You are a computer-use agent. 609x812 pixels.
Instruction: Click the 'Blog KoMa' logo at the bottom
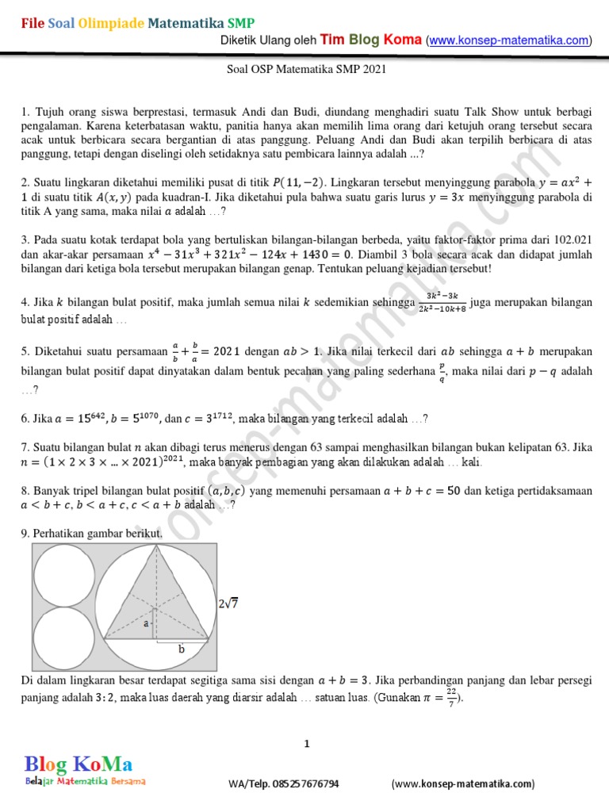78,765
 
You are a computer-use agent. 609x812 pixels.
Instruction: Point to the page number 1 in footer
306,743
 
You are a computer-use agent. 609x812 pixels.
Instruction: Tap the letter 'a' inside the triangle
145,624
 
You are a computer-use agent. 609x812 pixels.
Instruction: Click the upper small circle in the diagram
63,575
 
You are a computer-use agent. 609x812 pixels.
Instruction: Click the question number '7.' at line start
25,447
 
